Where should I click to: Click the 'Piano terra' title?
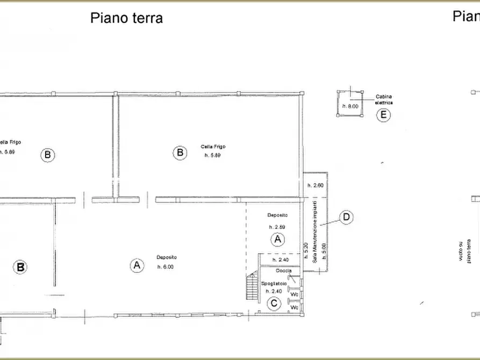(126, 18)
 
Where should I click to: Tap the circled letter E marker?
(383, 115)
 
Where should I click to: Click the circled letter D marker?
(347, 217)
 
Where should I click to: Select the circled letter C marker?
(274, 304)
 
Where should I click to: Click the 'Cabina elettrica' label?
(383, 99)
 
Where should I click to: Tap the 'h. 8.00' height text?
(350, 106)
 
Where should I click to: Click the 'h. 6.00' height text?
(165, 267)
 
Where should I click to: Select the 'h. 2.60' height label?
(315, 185)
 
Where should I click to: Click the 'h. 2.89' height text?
(277, 226)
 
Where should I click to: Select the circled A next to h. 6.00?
(137, 264)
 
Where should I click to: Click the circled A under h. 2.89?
(277, 239)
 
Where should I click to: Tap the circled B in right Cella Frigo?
(180, 153)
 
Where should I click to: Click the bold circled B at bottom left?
(20, 267)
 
